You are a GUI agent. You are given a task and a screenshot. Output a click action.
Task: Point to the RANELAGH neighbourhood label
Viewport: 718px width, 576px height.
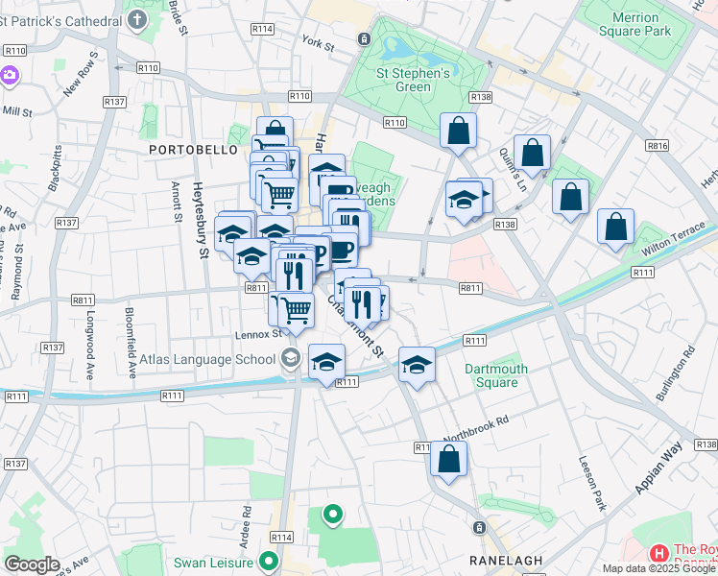coord(507,560)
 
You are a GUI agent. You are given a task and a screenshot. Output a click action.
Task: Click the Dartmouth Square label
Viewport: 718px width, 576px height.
coord(496,375)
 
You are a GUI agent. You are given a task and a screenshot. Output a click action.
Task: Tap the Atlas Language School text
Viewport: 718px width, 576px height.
coord(208,360)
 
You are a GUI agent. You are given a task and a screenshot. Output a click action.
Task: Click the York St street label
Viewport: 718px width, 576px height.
coord(316,43)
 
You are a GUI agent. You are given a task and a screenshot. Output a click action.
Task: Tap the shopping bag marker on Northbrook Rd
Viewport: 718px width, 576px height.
coord(448,460)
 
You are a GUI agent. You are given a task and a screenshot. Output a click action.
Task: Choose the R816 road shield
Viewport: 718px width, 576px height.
coord(658,146)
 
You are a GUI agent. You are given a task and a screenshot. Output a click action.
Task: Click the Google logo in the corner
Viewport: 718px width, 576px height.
coord(32,564)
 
